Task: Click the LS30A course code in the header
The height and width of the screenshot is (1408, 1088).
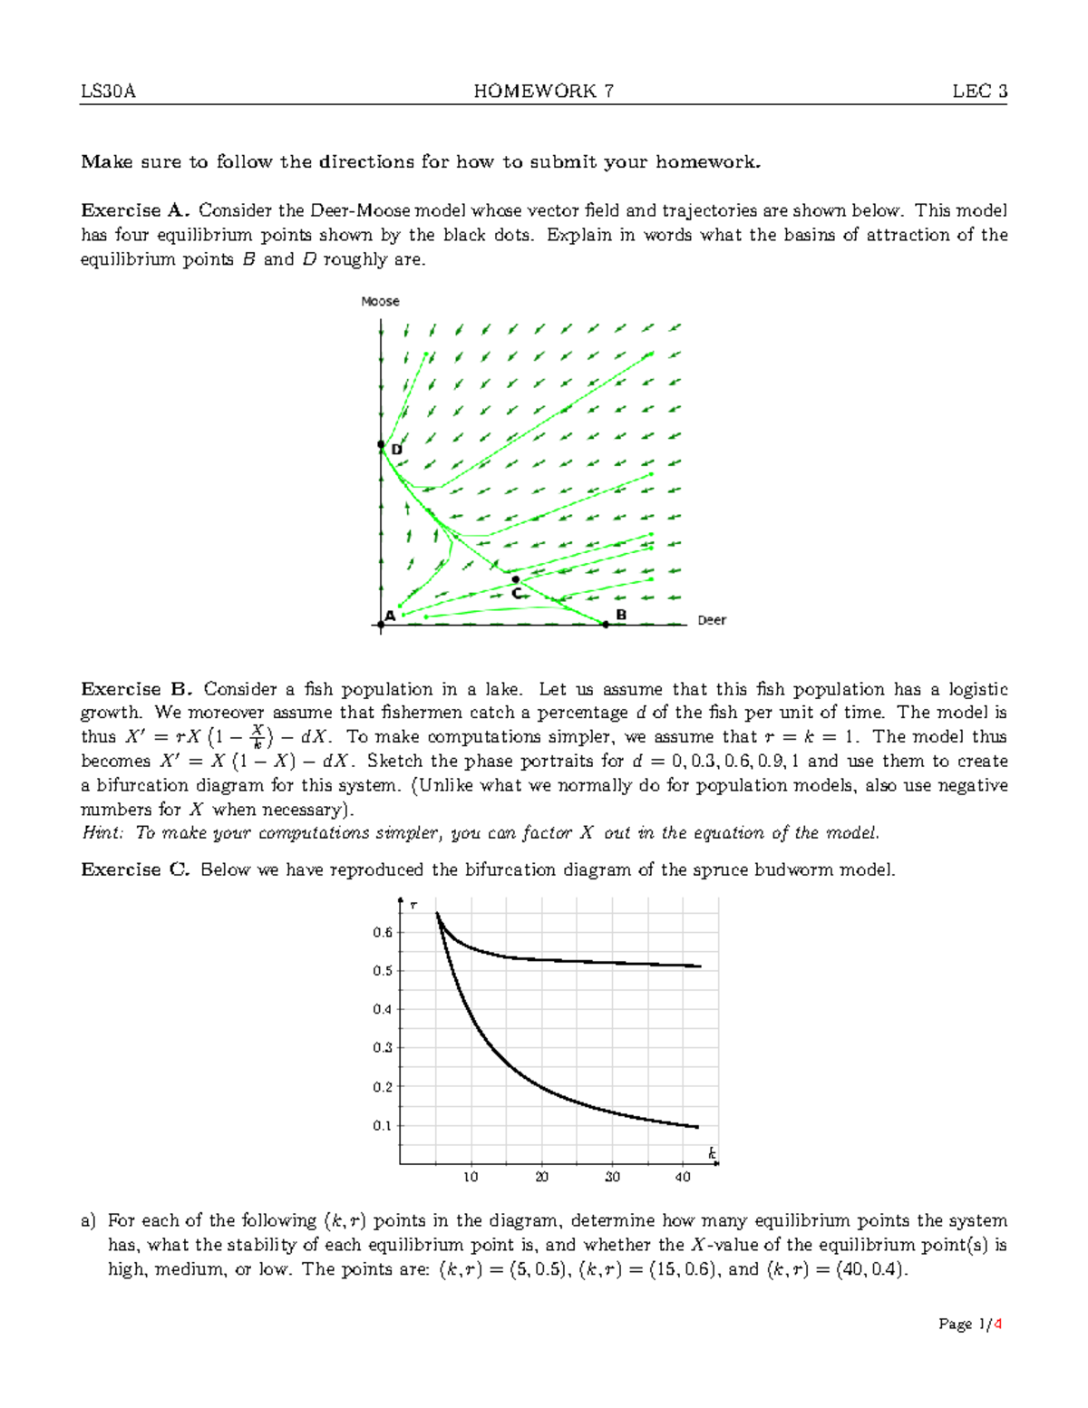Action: pos(108,91)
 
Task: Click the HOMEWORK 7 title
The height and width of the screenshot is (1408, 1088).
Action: pos(543,91)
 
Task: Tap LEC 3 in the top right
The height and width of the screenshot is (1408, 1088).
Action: pos(979,91)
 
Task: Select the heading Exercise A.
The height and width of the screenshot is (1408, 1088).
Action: pos(134,210)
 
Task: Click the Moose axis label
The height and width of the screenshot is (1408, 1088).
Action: pos(380,301)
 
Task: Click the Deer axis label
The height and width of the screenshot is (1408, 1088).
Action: pos(712,620)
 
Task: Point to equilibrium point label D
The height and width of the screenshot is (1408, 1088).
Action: pos(396,450)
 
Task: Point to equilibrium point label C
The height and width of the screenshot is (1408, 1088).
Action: pos(516,593)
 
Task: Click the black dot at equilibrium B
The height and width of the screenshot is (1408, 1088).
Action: pos(606,624)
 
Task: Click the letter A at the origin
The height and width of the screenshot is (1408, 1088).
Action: pos(390,616)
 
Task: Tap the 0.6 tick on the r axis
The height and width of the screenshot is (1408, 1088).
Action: pos(383,932)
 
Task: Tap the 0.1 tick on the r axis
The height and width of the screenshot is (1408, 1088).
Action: pos(383,1125)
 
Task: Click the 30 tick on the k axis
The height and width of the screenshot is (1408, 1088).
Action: pos(612,1177)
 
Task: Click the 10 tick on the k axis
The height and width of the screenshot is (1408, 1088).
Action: pos(471,1177)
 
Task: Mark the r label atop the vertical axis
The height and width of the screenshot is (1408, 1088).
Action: pos(413,905)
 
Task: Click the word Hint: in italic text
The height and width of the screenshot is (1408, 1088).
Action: pos(102,832)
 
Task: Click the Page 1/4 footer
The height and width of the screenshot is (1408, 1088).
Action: pos(970,1324)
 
